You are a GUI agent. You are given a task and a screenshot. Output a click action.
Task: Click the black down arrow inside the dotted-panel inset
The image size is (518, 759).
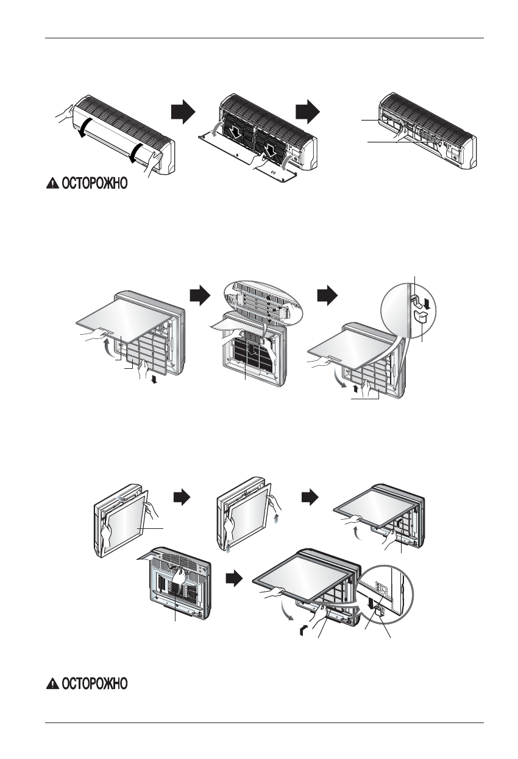(372, 602)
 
